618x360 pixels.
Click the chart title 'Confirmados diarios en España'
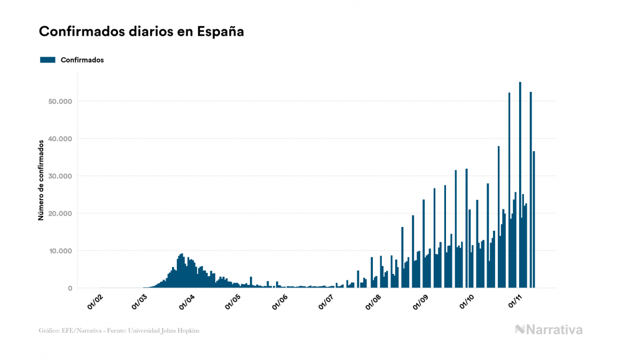click(142, 32)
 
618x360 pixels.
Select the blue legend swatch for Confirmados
click(48, 60)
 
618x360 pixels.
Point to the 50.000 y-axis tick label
click(59, 101)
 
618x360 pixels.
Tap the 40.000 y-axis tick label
click(59, 139)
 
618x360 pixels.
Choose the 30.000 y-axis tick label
click(59, 176)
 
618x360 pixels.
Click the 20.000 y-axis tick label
click(59, 214)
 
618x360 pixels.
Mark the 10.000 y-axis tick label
click(59, 251)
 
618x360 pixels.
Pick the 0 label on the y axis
click(69, 288)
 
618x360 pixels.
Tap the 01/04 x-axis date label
click(186, 301)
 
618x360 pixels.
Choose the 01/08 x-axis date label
click(374, 301)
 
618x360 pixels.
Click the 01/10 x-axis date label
click(468, 301)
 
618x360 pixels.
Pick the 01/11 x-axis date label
click(515, 301)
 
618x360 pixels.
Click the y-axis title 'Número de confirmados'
click(41, 180)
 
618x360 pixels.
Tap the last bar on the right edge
click(534, 220)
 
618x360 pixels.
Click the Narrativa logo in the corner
click(549, 330)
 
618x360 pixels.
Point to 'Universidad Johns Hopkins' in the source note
click(169, 331)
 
